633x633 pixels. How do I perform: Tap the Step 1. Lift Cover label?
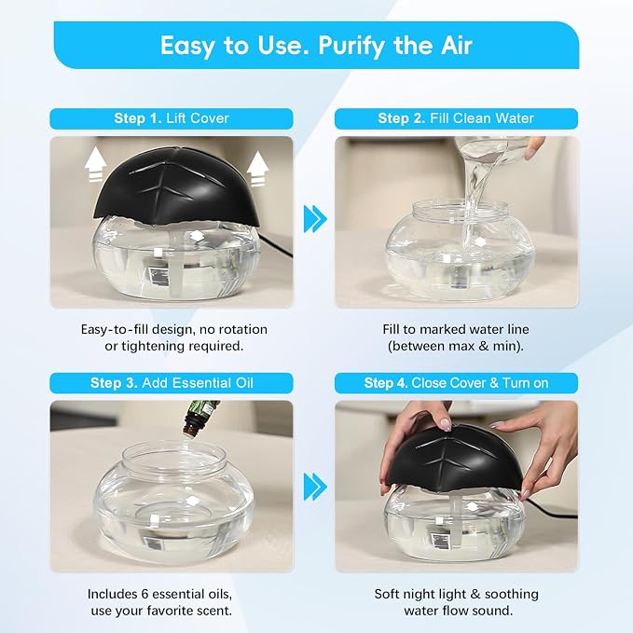click(172, 118)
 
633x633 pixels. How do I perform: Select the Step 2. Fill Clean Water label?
click(456, 118)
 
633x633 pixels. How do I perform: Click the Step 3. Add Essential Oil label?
click(172, 383)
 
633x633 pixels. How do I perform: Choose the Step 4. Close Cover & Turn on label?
click(456, 383)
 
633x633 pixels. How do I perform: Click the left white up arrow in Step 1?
click(96, 166)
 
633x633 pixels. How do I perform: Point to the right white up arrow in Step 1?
click(257, 169)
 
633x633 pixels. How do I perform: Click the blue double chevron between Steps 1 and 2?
click(315, 219)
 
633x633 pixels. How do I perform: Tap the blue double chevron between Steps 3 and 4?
click(315, 487)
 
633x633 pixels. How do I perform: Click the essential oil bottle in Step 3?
click(199, 418)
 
